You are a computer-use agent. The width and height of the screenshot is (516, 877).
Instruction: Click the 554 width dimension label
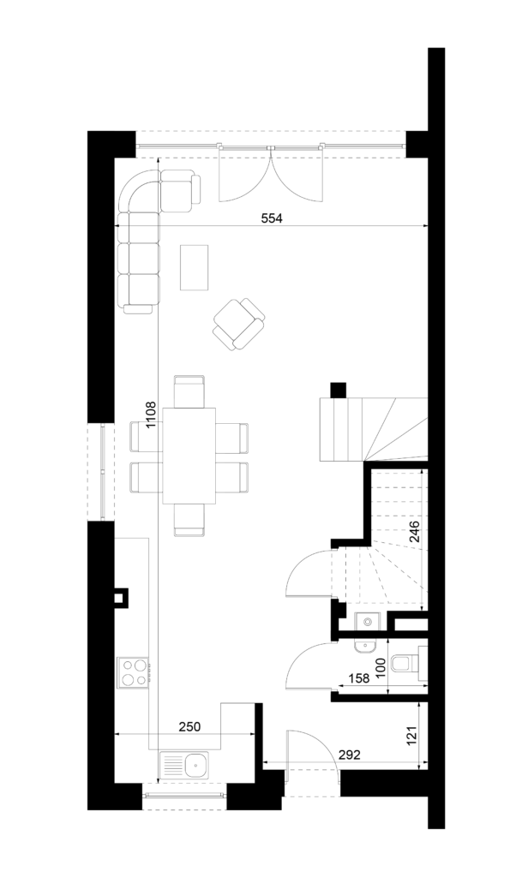tap(273, 218)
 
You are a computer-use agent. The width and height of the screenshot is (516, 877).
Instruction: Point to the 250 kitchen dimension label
tap(189, 726)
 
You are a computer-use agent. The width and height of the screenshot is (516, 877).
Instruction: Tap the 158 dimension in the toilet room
tap(359, 678)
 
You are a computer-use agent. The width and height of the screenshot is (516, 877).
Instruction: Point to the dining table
tap(189, 456)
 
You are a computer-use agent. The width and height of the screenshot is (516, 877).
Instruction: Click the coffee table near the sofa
tap(195, 267)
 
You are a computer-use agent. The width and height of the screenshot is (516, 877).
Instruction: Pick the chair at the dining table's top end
tap(189, 391)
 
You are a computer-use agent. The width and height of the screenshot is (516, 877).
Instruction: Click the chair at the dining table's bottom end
tap(189, 520)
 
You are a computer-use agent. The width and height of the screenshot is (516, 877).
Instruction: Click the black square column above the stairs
tap(339, 390)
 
